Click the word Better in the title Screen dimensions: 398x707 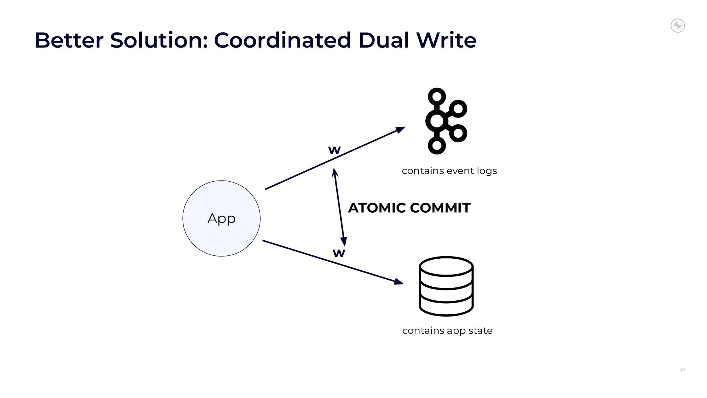68,40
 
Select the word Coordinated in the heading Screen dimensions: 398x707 282,40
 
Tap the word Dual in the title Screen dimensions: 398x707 383,40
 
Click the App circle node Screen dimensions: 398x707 221,219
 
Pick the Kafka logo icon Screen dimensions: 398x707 446,121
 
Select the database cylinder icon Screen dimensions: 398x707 446,286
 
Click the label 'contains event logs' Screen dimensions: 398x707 449,171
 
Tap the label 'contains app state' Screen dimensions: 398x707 447,331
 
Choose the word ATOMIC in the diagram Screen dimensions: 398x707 377,208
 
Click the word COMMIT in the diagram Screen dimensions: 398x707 440,208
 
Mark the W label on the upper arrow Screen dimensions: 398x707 334,150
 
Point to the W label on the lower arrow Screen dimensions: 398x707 339,253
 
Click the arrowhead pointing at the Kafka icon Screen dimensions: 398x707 401,129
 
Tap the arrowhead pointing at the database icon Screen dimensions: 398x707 399,282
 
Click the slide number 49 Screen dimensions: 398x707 682,370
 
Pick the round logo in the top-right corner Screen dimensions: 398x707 678,26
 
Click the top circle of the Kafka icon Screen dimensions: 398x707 437,97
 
